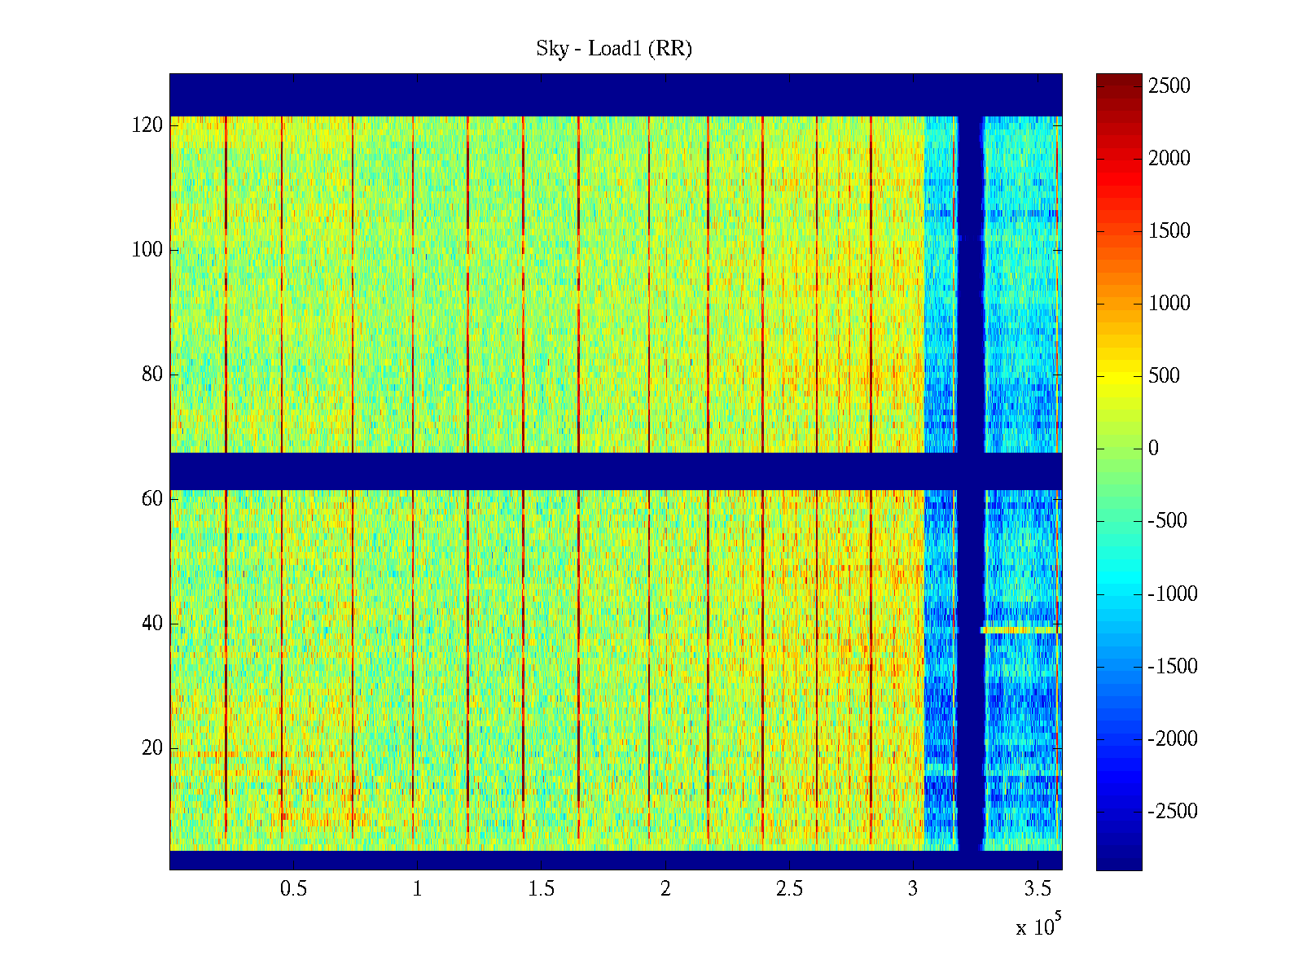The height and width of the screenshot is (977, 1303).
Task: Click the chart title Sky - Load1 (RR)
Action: coord(614,49)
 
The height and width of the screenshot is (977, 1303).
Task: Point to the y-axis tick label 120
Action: coord(147,125)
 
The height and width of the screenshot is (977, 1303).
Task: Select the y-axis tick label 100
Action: coord(147,250)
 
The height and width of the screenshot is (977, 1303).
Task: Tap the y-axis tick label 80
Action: coord(152,375)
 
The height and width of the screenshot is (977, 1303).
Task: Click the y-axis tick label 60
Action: coord(152,499)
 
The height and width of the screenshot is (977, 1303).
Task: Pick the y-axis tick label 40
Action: coord(152,624)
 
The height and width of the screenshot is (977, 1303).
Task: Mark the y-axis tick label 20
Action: coord(152,748)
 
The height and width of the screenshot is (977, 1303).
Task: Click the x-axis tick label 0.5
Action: coord(294,889)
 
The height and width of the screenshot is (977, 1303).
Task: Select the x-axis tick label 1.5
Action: coord(542,889)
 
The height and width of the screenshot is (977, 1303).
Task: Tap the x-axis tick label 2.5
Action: coord(789,889)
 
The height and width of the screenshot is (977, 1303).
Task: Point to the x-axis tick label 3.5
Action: coord(1038,889)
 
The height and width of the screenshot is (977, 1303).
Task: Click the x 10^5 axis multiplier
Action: coord(1038,927)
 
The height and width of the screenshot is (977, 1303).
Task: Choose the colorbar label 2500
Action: coord(1169,86)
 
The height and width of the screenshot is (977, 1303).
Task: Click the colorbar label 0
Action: coord(1153,449)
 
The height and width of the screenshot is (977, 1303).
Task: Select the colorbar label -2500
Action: coord(1173,812)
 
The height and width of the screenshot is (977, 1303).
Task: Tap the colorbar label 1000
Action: coord(1169,304)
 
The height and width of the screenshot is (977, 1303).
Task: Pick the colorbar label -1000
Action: coord(1173,594)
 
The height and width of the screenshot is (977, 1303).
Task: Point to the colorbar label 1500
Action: coord(1169,231)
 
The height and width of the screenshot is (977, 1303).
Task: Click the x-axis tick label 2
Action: coord(665,889)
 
